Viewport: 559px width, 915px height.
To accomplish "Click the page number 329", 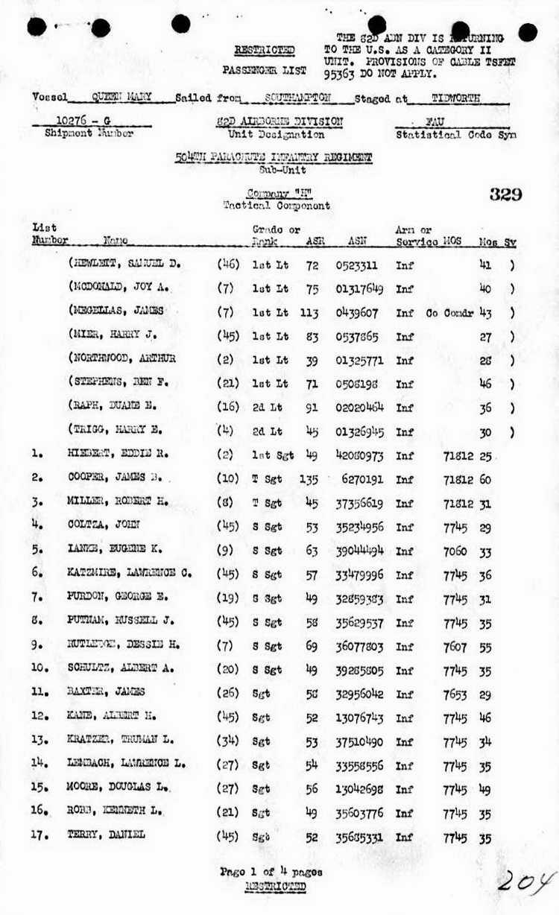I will pos(505,195).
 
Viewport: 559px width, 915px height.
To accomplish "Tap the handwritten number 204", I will pos(527,881).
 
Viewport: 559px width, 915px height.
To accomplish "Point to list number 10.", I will pos(40,668).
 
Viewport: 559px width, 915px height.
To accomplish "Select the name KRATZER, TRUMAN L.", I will pos(120,740).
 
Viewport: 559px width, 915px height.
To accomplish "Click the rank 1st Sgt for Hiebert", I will pos(271,455).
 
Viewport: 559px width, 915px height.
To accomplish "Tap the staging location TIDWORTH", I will pos(456,97).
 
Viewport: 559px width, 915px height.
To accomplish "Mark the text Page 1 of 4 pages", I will pos(271,871).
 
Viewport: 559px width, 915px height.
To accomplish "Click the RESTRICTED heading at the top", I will pos(265,50).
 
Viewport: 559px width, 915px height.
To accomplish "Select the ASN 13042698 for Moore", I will pos(360,788).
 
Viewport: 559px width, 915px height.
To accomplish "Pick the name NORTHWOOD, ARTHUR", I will pos(124,358).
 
